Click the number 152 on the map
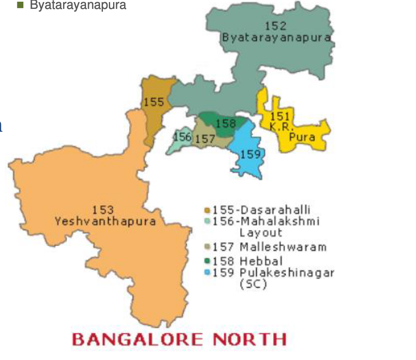tap(276, 26)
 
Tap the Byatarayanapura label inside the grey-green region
tap(276, 37)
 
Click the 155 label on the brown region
tap(153, 102)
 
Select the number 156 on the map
tap(183, 137)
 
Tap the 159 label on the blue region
tap(250, 154)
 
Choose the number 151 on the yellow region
tap(280, 116)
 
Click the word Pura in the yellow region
tap(302, 137)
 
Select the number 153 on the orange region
tap(103, 210)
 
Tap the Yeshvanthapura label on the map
tap(105, 221)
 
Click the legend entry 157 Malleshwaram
tap(269, 246)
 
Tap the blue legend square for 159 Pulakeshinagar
tap(207, 272)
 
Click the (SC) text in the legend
tap(253, 284)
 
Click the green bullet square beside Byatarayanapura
tap(19, 5)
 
